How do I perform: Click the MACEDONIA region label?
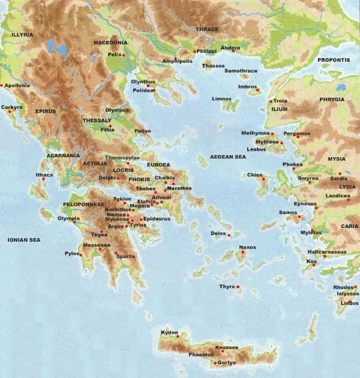click(x=110, y=43)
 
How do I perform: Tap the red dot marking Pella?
click(x=123, y=55)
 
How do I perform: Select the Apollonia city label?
click(x=18, y=86)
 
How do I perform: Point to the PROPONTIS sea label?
click(x=335, y=60)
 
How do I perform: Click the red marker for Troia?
click(x=271, y=101)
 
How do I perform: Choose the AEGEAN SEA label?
click(x=228, y=157)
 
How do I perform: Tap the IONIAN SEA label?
click(x=23, y=239)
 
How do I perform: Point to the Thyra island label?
click(x=227, y=287)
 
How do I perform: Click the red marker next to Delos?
click(x=229, y=233)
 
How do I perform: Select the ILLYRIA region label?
click(x=22, y=35)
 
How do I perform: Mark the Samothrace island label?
click(x=241, y=71)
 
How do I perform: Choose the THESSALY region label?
click(x=97, y=120)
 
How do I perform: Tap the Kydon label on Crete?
click(x=170, y=332)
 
